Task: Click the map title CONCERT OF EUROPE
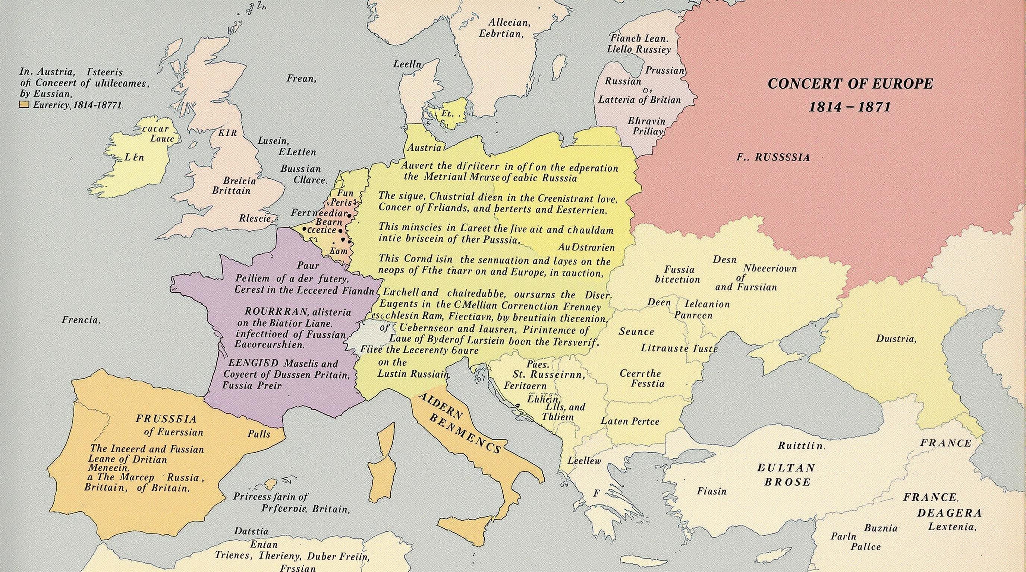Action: [850, 84]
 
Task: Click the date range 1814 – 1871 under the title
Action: [849, 107]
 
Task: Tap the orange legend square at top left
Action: [25, 105]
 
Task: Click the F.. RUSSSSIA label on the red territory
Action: [773, 158]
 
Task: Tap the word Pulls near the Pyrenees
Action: [258, 433]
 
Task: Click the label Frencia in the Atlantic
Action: [81, 320]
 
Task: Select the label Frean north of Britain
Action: [301, 79]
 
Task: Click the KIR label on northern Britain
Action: [227, 133]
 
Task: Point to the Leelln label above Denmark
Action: [407, 64]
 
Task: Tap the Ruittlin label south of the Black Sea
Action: [801, 445]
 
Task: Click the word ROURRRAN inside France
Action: [268, 311]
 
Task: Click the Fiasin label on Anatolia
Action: [711, 492]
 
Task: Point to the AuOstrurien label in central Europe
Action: [586, 247]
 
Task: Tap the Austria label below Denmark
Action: [424, 147]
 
